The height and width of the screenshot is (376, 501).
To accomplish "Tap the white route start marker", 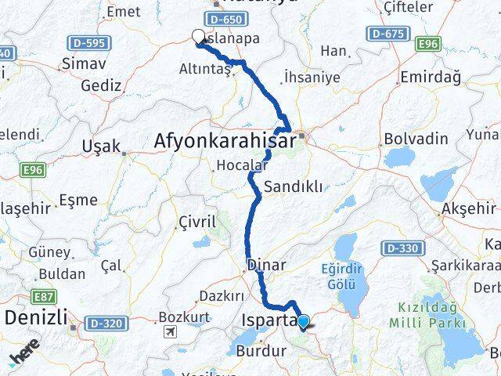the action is (198, 36).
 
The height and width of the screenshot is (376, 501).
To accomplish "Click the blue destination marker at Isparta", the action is (303, 320).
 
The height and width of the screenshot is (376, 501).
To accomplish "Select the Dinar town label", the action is (266, 265).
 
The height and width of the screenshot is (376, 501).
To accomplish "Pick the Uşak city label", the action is (102, 146).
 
